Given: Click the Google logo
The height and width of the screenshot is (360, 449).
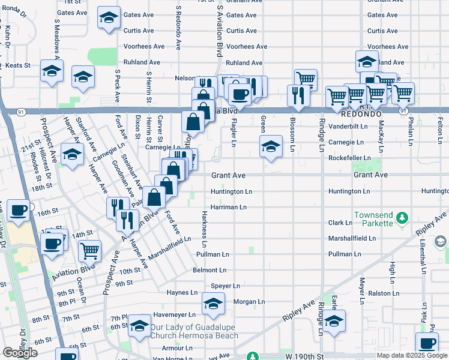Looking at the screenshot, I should [20, 353].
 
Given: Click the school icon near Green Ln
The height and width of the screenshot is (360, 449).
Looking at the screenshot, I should [271, 146].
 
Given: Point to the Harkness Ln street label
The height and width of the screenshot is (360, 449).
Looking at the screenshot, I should [204, 229].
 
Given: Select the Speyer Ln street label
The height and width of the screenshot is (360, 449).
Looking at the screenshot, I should [225, 286].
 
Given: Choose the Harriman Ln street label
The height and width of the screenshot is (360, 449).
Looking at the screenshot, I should [229, 207].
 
